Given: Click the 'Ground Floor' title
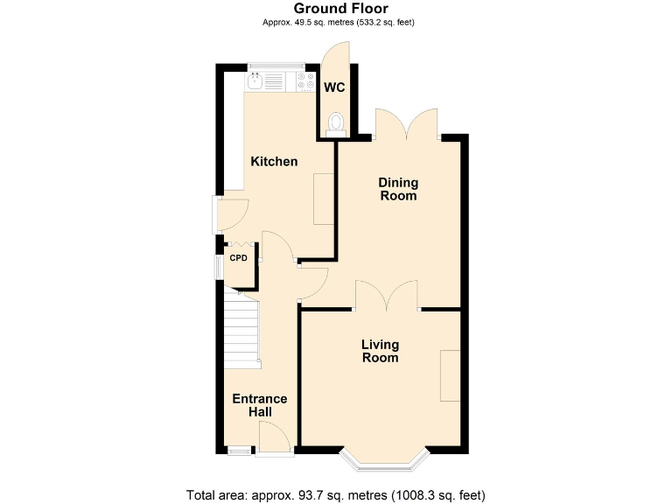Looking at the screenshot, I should coord(335,9).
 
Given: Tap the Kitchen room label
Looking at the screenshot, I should coord(274,162).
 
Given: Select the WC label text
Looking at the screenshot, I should coord(334,87).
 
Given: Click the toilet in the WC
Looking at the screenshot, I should coord(335,124).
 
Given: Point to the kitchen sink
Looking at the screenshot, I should coord(255,81).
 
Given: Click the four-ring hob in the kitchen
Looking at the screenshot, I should coord(307,81).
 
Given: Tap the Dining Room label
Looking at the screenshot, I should coord(397,189).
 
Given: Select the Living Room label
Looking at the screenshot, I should coord(380,351).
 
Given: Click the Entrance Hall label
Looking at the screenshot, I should coord(259,405).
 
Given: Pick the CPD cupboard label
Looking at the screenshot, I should coord(239,258).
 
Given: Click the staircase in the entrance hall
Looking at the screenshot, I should coord(241,328).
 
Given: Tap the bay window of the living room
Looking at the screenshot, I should coord(384,458).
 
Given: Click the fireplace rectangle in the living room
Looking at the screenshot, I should coord(450,375).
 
